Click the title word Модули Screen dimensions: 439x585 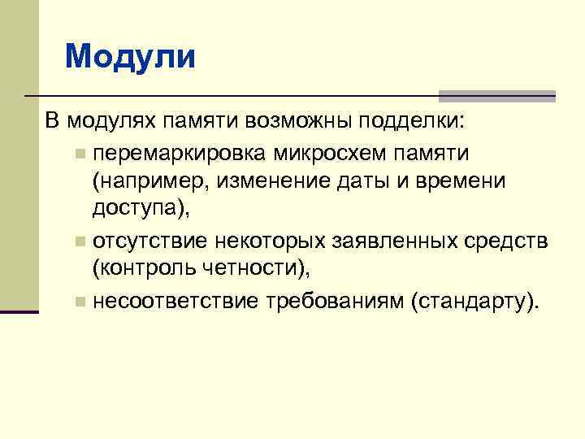[x=130, y=57]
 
